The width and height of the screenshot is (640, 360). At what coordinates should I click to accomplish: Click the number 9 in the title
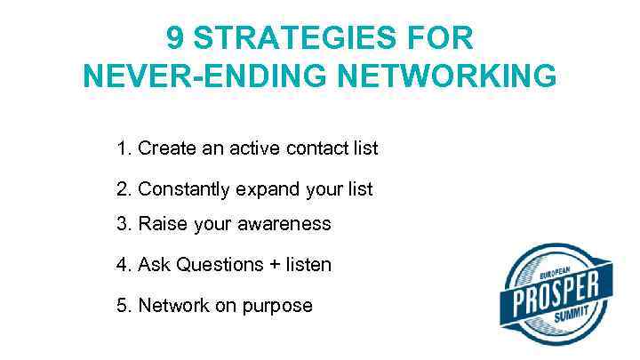coord(176,38)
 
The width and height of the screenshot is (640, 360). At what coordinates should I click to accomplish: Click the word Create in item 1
coord(167,148)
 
